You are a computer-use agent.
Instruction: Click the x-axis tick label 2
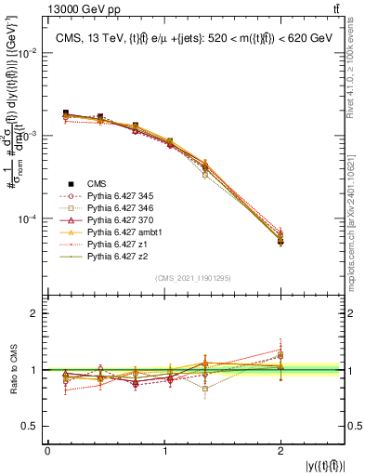point(281,450)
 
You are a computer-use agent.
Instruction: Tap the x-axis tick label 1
point(164,450)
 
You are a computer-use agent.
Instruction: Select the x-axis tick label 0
point(47,450)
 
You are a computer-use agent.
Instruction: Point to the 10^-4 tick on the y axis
point(29,219)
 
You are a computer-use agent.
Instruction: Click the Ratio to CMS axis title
point(13,370)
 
